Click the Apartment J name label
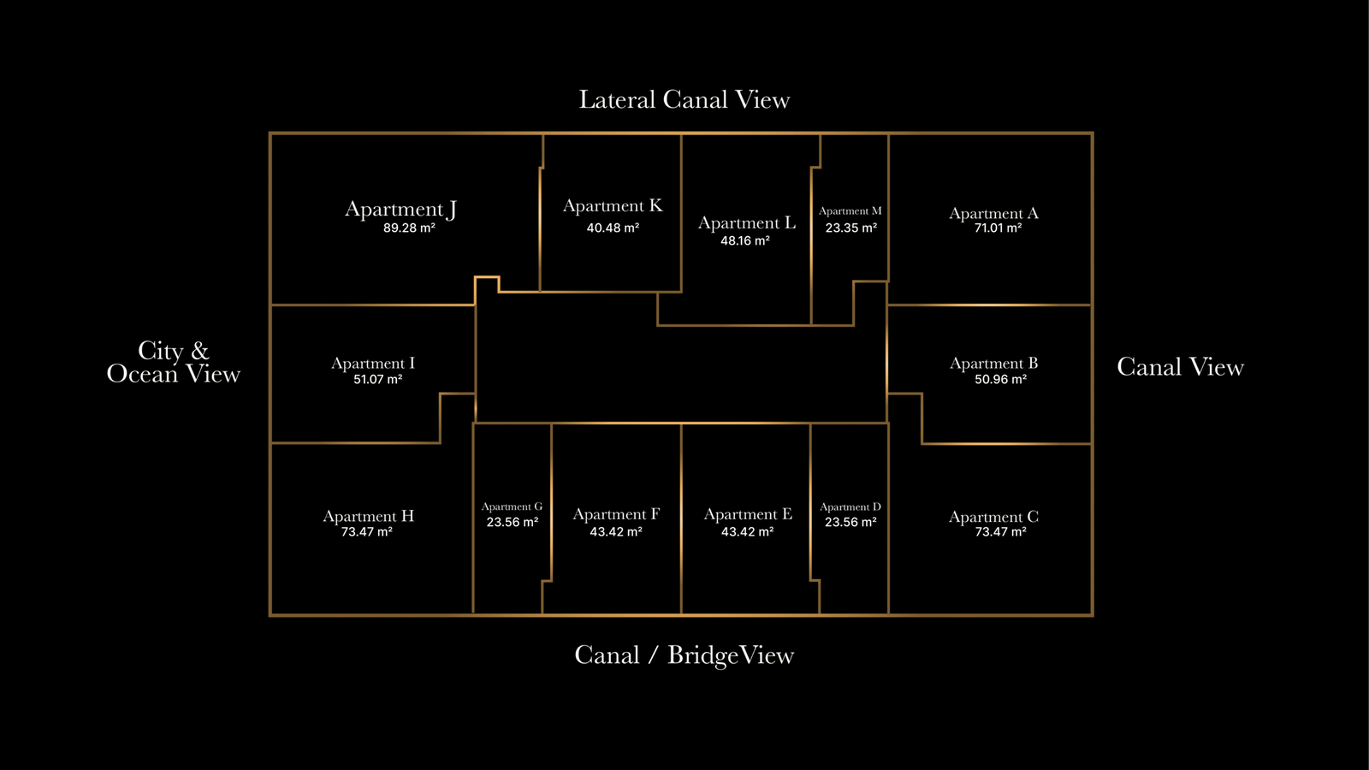pyautogui.click(x=400, y=210)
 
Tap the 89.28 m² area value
pyautogui.click(x=409, y=228)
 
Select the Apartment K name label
pyautogui.click(x=613, y=206)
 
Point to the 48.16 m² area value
pyautogui.click(x=745, y=241)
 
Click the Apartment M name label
pyautogui.click(x=850, y=211)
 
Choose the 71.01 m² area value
pyautogui.click(x=998, y=228)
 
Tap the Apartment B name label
pyautogui.click(x=993, y=364)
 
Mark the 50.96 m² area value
pyautogui.click(x=1000, y=380)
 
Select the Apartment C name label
pyautogui.click(x=993, y=517)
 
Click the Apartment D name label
pyautogui.click(x=850, y=507)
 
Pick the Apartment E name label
pyautogui.click(x=748, y=514)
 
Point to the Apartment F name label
pyautogui.click(x=616, y=514)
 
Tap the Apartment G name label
pyautogui.click(x=512, y=507)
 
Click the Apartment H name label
pyautogui.click(x=368, y=516)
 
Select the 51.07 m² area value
pyautogui.click(x=377, y=380)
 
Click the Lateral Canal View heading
pyautogui.click(x=684, y=100)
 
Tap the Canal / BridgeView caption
pyautogui.click(x=684, y=655)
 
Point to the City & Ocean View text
pyautogui.click(x=174, y=363)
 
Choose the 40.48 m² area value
pyautogui.click(x=613, y=228)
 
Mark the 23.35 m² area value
pyautogui.click(x=850, y=228)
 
